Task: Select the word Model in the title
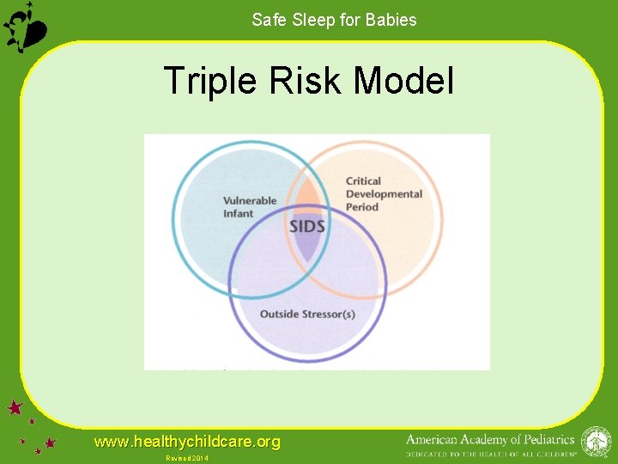pos(403,82)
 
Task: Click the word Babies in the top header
pos(390,20)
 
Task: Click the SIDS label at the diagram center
pos(307,227)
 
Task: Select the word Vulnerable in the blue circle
pos(250,201)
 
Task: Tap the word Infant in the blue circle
pos(238,213)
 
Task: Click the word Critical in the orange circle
pos(363,181)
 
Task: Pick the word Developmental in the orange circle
pos(384,194)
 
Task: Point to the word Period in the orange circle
pos(361,207)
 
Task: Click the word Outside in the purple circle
pos(279,314)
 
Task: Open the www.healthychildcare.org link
pos(187,442)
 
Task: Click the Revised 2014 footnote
pos(187,458)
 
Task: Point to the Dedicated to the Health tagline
pos(490,453)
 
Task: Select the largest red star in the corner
pos(15,407)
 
